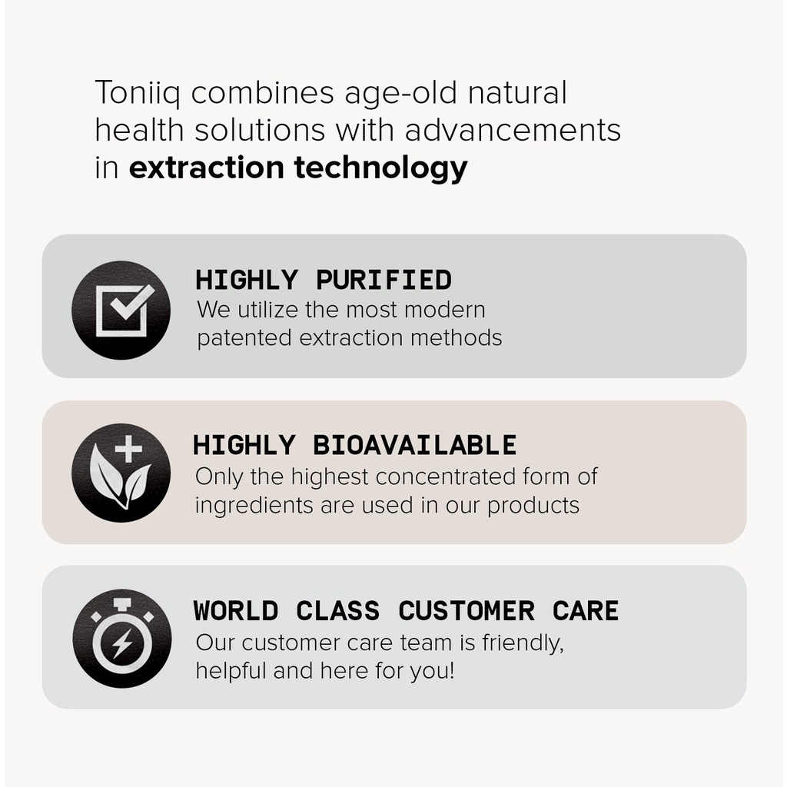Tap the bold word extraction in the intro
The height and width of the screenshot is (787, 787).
coord(206,167)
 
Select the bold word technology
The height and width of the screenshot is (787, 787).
coord(380,168)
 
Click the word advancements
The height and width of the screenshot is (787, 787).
coord(513,130)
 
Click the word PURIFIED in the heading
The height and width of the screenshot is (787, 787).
coord(384,280)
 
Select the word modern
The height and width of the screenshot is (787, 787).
coord(444,310)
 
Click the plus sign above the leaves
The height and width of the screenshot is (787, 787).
coord(128,448)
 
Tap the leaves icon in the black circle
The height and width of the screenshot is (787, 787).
coord(119,481)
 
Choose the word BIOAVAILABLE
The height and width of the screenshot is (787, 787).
coord(414,445)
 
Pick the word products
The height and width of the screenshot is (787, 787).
coord(533,506)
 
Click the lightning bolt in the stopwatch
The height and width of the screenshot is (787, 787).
coord(122,643)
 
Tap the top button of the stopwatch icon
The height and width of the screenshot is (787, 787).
coord(122,604)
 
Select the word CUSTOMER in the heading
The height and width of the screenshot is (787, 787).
coord(467,611)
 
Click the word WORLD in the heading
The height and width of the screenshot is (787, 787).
coord(236,611)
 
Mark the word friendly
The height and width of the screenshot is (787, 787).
coord(523,643)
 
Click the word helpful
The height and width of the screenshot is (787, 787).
coord(231,670)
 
